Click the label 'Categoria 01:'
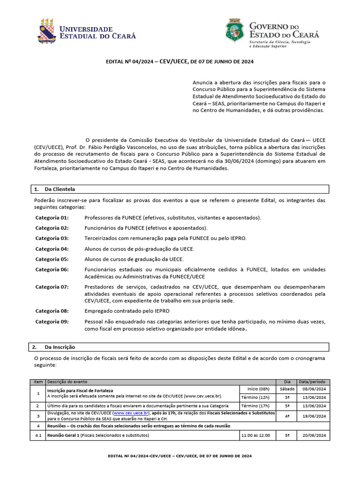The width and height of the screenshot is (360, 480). [x=52, y=218]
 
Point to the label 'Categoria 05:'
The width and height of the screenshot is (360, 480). [x=52, y=259]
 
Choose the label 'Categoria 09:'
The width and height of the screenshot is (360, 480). [x=52, y=322]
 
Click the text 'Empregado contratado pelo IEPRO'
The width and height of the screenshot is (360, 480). [x=127, y=311]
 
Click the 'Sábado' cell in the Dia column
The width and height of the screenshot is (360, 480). [x=287, y=389]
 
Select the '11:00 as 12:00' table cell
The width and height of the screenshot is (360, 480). [x=255, y=435]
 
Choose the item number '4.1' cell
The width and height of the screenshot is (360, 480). [x=38, y=435]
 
